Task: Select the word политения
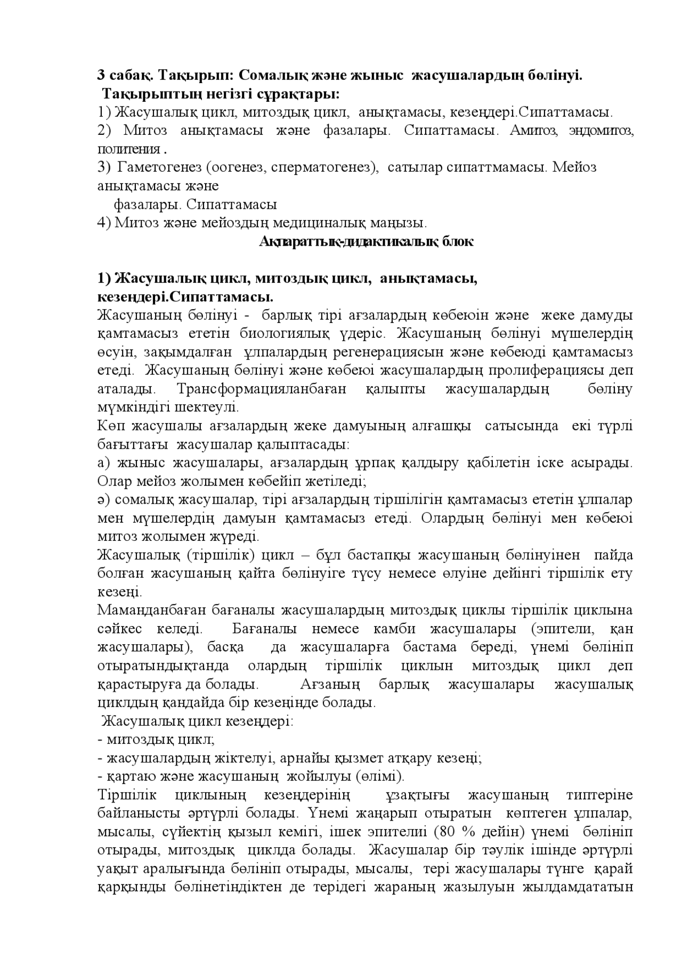pos(129,149)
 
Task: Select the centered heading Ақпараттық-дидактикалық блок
pos(366,241)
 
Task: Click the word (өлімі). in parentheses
pos(379,776)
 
